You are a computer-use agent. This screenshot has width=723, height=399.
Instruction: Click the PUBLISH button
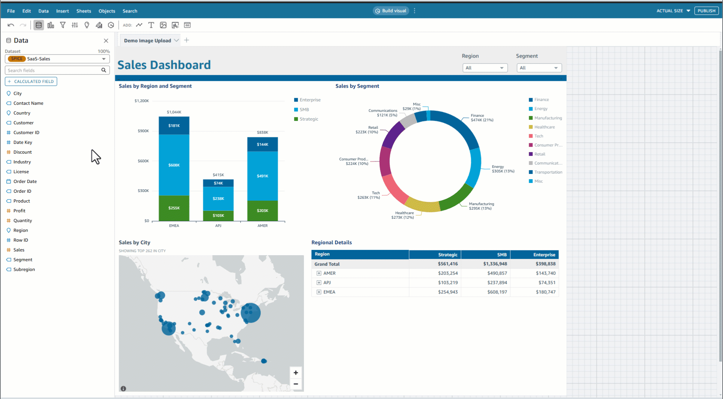pos(706,11)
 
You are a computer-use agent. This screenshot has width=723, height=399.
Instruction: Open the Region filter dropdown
pos(485,68)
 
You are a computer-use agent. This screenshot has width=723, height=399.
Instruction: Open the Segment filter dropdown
pos(539,68)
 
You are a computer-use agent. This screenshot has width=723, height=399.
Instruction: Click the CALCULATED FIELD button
pos(31,81)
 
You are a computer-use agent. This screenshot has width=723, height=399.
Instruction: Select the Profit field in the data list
pos(19,211)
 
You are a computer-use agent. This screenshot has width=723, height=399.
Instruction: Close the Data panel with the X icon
pos(106,41)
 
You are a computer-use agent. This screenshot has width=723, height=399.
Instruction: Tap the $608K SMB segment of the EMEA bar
pos(174,165)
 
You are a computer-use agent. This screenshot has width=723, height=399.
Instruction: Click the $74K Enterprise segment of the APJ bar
pos(218,183)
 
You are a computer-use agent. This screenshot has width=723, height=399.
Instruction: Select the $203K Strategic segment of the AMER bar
pos(262,211)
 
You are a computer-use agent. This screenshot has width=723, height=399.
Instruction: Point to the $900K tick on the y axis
pos(143,131)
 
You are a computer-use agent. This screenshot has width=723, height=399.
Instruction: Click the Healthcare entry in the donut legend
pos(544,127)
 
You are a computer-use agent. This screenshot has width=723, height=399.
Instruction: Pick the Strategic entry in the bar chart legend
pos(309,119)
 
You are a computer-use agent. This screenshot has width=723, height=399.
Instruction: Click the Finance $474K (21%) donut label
pos(482,118)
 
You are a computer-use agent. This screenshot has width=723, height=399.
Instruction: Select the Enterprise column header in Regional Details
pos(544,255)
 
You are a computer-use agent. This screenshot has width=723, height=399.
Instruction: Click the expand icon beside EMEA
pos(319,292)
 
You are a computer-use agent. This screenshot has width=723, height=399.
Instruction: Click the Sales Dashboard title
pos(164,65)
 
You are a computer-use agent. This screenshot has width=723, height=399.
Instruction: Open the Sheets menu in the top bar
pos(84,11)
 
